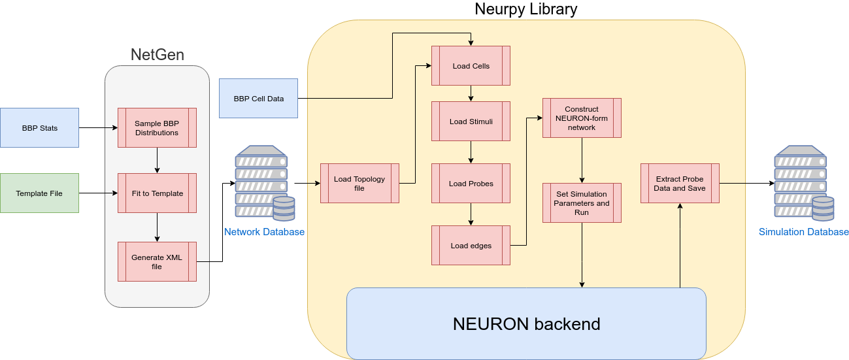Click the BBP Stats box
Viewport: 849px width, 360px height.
39,127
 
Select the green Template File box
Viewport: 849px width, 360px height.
39,193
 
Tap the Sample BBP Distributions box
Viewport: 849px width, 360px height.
157,127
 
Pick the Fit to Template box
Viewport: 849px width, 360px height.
157,193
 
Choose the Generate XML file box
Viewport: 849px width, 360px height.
157,261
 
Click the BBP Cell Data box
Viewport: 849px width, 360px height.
258,98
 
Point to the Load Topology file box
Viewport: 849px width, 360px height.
359,183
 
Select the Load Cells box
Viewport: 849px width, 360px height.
471,65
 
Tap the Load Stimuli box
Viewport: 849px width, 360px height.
471,122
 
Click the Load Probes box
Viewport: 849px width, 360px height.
471,183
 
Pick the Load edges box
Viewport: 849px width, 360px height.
471,245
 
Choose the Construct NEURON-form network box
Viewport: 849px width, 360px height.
582,118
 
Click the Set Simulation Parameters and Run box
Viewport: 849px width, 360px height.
582,203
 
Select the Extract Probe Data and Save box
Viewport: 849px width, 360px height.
680,183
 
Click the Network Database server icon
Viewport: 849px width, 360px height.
265,183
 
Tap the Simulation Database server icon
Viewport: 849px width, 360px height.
804,183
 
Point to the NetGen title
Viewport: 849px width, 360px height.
158,55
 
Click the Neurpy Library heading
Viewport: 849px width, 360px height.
526,9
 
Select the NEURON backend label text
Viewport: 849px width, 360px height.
526,324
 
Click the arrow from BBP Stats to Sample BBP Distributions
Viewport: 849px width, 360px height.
99,127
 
